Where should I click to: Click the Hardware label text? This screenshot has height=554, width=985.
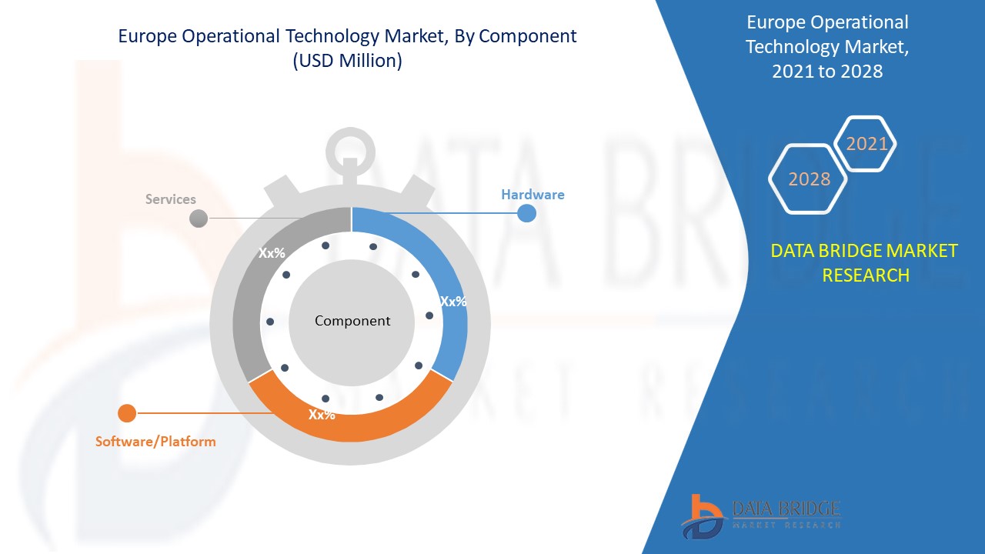pos(533,195)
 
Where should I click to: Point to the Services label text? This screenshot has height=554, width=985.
pos(171,199)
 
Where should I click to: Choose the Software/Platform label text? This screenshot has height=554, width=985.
pos(155,442)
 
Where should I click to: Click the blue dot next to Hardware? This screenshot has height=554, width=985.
pos(526,213)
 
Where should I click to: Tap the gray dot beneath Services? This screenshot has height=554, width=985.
pos(199,218)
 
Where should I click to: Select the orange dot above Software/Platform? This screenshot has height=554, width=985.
pos(127,413)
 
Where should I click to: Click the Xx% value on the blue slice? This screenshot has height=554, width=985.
pos(452,302)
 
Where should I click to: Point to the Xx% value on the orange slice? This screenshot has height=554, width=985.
pos(322,415)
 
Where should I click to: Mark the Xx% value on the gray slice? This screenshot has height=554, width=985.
pos(272,253)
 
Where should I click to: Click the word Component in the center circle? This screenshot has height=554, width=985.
pos(352,321)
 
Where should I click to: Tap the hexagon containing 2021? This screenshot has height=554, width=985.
pos(866,144)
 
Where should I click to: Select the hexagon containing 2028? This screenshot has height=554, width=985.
pos(809,179)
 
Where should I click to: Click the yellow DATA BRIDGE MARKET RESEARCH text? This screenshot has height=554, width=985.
pos(865,262)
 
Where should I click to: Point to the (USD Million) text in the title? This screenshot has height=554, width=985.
pos(347,62)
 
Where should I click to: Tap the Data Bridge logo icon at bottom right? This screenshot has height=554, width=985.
pos(703,515)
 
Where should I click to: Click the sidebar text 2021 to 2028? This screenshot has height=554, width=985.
pos(827,72)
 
